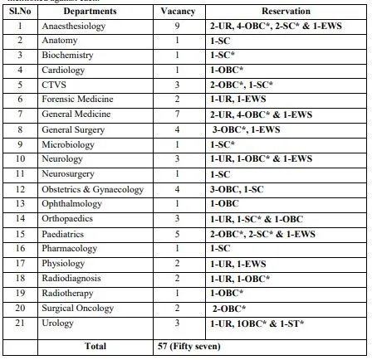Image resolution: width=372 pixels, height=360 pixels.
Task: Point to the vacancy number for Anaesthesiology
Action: (x=178, y=27)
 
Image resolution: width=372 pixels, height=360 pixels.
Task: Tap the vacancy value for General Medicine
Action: (x=178, y=113)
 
